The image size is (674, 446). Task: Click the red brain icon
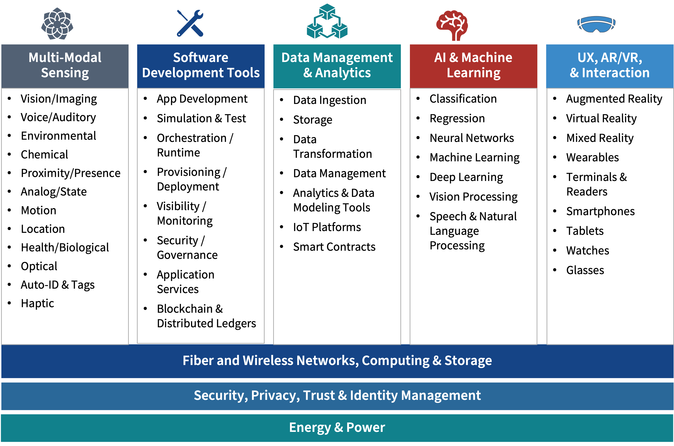[x=452, y=25]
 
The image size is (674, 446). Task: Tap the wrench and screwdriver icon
[x=190, y=23]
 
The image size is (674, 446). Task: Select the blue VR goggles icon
[x=596, y=24]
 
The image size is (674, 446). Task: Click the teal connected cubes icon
[x=327, y=22]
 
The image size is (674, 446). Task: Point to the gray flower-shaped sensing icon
[x=57, y=24]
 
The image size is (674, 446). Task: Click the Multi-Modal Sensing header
[x=65, y=65]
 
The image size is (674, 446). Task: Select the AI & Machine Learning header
[x=473, y=65]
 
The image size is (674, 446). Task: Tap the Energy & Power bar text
[x=337, y=427]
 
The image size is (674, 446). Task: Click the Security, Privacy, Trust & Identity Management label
[x=337, y=395]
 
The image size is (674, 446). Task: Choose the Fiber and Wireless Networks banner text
[x=337, y=360]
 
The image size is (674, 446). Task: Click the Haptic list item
[x=37, y=303]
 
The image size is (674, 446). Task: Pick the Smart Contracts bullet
[x=334, y=247]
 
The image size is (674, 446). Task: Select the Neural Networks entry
[x=472, y=138]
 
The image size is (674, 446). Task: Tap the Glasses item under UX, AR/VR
[x=585, y=270]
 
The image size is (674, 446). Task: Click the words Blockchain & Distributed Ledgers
[x=206, y=316]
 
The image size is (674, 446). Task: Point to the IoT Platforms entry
[x=327, y=227]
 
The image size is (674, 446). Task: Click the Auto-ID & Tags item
[x=57, y=285]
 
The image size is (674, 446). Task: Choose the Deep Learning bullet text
[x=466, y=177]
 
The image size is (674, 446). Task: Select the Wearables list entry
[x=592, y=158]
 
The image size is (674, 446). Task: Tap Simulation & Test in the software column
[x=201, y=118]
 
